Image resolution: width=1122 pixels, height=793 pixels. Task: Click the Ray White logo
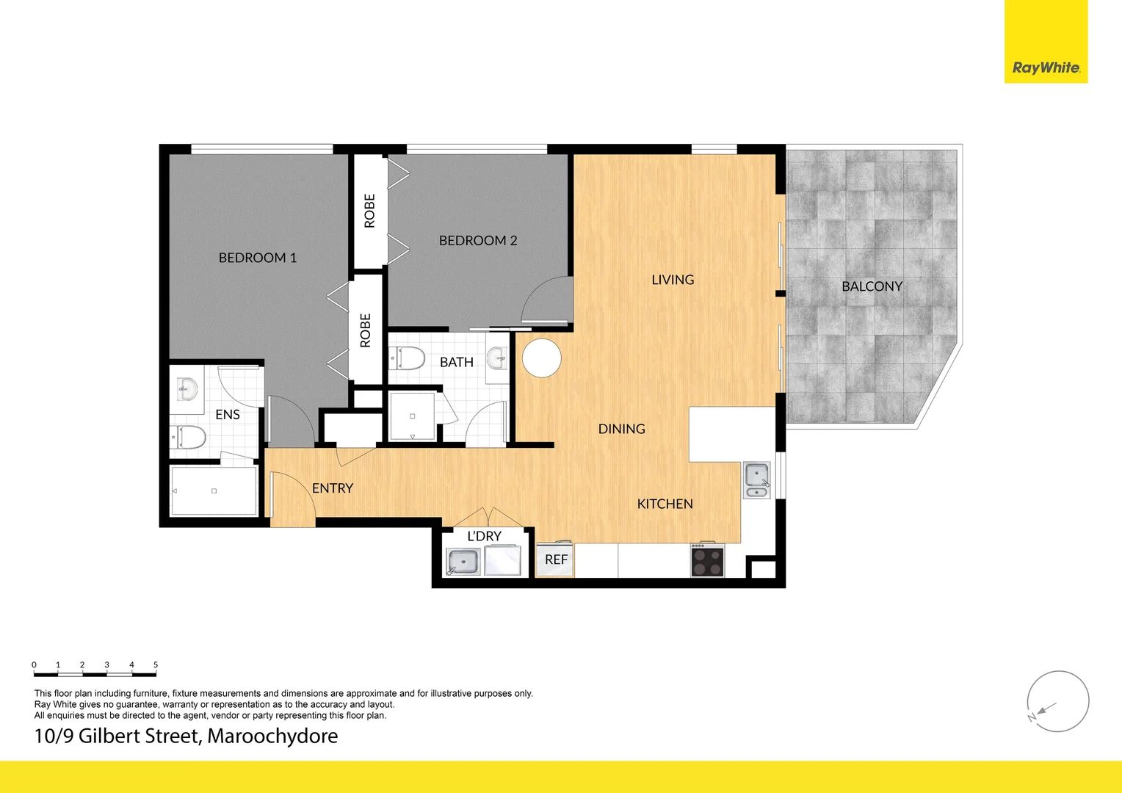(1046, 68)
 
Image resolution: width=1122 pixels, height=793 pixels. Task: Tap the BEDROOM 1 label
(258, 258)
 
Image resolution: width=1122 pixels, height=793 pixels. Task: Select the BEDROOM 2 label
(478, 241)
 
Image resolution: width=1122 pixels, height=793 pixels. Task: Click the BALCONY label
(872, 286)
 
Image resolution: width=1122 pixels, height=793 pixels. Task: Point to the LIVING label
(673, 280)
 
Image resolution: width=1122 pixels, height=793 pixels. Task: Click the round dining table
(542, 358)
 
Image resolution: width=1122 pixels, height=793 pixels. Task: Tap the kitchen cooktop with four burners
(707, 562)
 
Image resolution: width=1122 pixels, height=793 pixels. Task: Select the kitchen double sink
(756, 480)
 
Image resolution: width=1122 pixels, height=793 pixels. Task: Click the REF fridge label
(556, 560)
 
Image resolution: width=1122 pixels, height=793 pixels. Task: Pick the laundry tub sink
(463, 562)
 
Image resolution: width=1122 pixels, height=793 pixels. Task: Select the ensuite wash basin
(187, 388)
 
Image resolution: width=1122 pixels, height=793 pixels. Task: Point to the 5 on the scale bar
(156, 665)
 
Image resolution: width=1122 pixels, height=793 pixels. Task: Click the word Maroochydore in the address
(272, 736)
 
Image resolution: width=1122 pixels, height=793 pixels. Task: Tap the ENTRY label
(333, 488)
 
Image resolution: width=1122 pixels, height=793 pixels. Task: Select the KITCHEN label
(665, 504)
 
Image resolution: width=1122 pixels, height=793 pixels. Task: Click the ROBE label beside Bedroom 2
(369, 211)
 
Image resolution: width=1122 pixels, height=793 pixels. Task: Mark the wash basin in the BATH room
(498, 360)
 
